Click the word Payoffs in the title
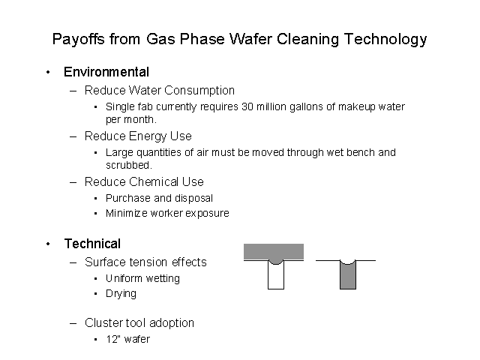[78, 39]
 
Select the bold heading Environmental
[106, 72]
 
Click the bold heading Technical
[92, 244]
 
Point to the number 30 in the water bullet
[247, 106]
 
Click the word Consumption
[199, 91]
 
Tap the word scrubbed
[128, 165]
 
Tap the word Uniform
[124, 278]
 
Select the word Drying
[121, 294]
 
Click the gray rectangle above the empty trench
[274, 252]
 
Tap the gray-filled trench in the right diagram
[348, 275]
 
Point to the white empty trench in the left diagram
[276, 277]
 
